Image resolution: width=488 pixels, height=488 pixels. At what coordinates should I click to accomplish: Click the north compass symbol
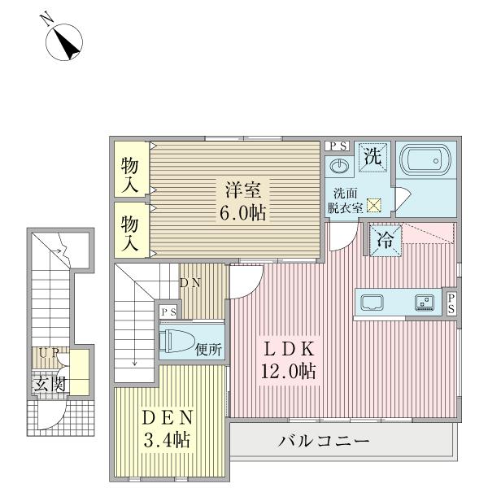(x=64, y=42)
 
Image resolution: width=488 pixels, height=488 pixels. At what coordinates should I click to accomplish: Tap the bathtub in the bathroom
(x=425, y=160)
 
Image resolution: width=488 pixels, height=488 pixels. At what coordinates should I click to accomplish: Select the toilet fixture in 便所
(x=176, y=342)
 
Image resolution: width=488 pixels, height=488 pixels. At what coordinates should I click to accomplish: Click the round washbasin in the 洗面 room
(x=338, y=167)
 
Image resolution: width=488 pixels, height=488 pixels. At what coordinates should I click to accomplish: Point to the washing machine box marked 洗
(x=373, y=157)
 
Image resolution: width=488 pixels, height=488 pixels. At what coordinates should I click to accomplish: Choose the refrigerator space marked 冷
(x=386, y=241)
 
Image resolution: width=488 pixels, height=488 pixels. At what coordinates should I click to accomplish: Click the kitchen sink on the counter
(x=372, y=303)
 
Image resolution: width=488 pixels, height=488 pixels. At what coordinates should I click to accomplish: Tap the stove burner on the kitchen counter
(x=425, y=303)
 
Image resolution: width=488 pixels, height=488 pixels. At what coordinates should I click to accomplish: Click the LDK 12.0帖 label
(x=289, y=360)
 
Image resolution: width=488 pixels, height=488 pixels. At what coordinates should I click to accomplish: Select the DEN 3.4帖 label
(x=167, y=429)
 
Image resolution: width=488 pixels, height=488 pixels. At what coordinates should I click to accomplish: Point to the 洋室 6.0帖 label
(x=243, y=201)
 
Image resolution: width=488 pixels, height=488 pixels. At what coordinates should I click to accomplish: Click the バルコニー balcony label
(x=324, y=441)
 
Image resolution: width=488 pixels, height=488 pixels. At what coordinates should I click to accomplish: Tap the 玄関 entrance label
(x=50, y=384)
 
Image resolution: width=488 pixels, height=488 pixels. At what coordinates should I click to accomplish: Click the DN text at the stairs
(x=190, y=283)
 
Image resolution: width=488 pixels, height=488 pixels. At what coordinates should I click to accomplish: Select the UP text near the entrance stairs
(x=49, y=353)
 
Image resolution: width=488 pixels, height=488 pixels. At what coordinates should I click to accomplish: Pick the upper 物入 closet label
(x=129, y=175)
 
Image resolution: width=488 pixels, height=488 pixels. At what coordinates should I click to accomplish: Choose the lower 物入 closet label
(x=129, y=233)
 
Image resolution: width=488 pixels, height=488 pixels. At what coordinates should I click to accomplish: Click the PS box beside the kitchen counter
(x=451, y=303)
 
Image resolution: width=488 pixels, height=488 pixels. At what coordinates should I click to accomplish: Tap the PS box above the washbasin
(x=338, y=146)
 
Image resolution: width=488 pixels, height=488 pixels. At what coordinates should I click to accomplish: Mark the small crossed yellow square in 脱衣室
(x=374, y=206)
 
